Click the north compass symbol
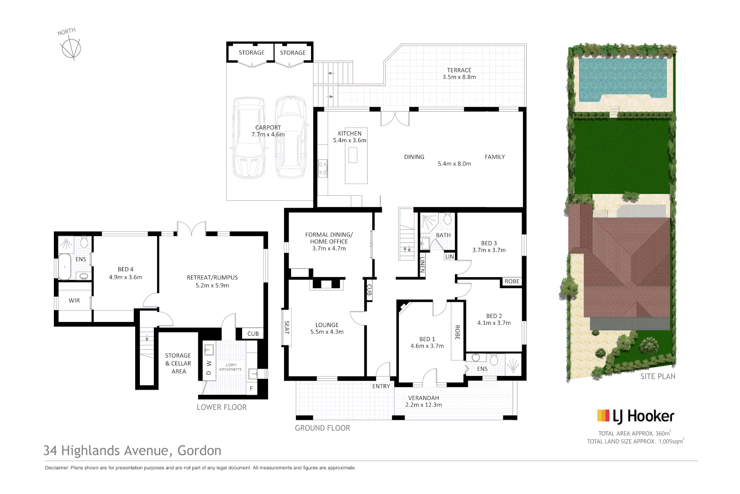tap(71, 48)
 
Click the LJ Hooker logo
tap(635, 416)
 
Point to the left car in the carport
tap(249, 137)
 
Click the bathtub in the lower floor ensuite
tap(64, 266)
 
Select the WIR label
tap(74, 301)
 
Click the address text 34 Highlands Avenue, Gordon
tap(132, 451)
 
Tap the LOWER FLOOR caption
tap(222, 407)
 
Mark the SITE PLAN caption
tap(658, 376)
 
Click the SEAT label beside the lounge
tap(287, 327)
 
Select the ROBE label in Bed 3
tap(512, 281)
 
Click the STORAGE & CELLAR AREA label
tap(178, 363)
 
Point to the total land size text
tap(635, 441)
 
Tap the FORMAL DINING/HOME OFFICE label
tap(329, 241)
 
